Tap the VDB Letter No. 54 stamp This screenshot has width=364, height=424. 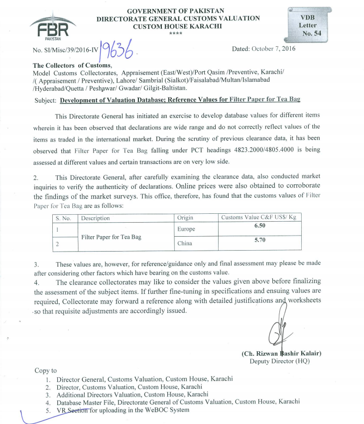coord(307,25)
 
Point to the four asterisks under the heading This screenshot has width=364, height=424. coord(176,33)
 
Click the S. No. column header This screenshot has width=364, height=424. coord(64,218)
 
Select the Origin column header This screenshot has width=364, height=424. coord(185,218)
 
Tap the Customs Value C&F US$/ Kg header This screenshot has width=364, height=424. coord(260,218)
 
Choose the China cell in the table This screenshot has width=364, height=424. coord(185,244)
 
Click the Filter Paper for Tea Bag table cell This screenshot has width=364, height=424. coord(111,237)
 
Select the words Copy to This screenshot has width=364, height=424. coord(45,371)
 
